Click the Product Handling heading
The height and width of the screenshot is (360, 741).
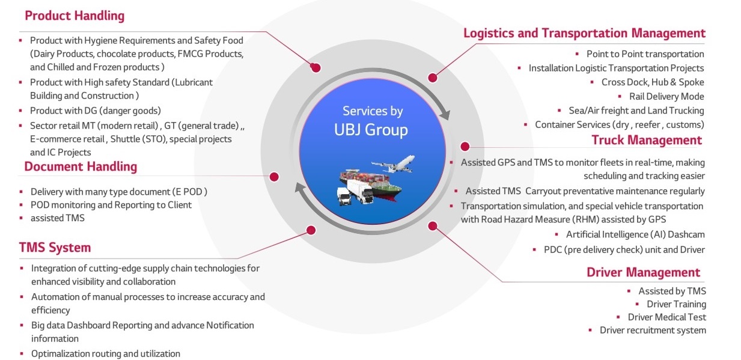tap(75, 16)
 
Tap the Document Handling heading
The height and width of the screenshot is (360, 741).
tap(81, 166)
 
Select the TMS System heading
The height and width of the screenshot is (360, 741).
tap(55, 248)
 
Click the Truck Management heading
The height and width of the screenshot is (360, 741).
tap(647, 140)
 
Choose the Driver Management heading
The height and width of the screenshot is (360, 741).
tap(644, 272)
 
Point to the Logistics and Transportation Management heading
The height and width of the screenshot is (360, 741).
tap(584, 33)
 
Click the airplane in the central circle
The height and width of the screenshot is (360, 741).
tap(394, 163)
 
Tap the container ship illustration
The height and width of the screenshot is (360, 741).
tap(370, 184)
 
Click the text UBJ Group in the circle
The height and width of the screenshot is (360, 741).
tap(371, 130)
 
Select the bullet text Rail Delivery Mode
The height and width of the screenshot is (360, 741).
tap(666, 96)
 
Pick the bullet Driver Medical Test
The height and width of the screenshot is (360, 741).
tap(667, 317)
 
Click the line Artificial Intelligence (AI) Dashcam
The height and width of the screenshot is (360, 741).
tap(635, 234)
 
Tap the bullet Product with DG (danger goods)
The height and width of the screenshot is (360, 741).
tap(96, 111)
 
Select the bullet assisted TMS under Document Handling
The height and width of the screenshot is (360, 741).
tap(58, 218)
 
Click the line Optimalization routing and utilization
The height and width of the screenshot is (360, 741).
tap(106, 354)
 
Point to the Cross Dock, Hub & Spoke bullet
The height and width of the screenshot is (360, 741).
tap(653, 82)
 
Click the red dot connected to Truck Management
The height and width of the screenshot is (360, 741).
tap(465, 146)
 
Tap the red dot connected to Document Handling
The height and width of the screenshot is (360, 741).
tap(274, 177)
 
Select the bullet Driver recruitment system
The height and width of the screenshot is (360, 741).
tap(653, 330)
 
